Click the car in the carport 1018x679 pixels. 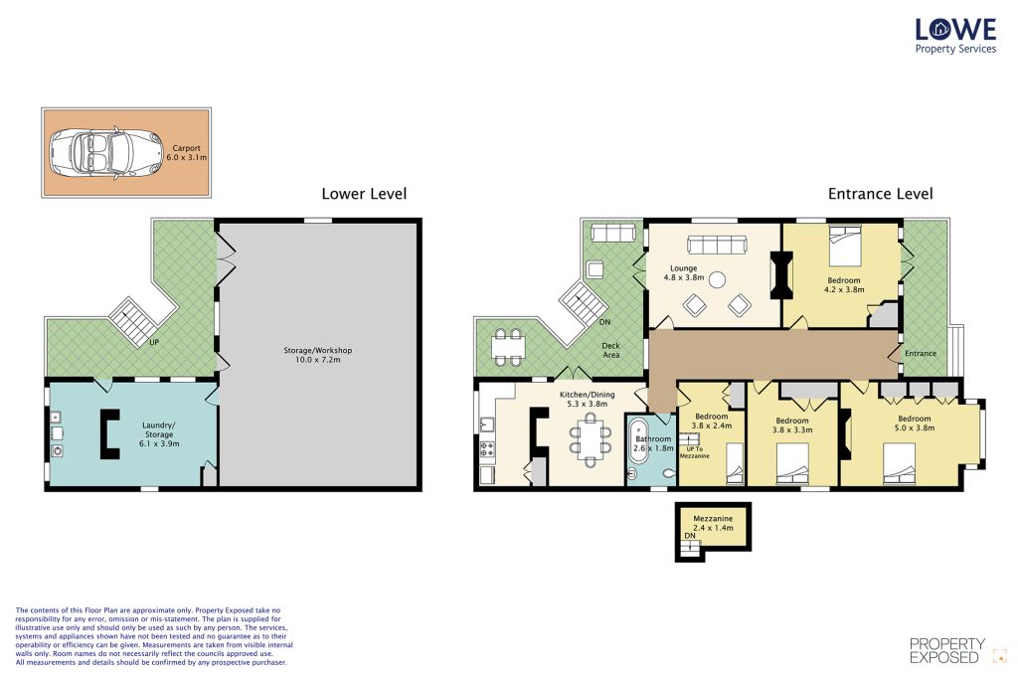(x=106, y=153)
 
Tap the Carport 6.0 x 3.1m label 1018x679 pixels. (x=186, y=152)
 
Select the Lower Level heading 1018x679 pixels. (x=364, y=194)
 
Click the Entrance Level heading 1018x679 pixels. (x=881, y=194)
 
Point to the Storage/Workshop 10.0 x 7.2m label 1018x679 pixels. (x=317, y=355)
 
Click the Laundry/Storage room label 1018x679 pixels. (x=159, y=434)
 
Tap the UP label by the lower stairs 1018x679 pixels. (x=154, y=342)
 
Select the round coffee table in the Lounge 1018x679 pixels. (x=717, y=279)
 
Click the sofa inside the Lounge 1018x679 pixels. (x=717, y=245)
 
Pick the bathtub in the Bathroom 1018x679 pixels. (x=637, y=441)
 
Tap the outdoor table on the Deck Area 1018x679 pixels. (x=507, y=347)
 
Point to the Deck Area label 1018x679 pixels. (x=611, y=351)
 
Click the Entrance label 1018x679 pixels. (x=921, y=353)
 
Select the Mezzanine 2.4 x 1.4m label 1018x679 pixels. (x=713, y=523)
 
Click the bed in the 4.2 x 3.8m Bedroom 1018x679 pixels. (x=845, y=246)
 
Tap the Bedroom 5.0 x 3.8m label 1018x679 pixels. (x=915, y=424)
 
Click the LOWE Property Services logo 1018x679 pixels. (x=955, y=37)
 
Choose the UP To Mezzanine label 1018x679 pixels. (x=694, y=452)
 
